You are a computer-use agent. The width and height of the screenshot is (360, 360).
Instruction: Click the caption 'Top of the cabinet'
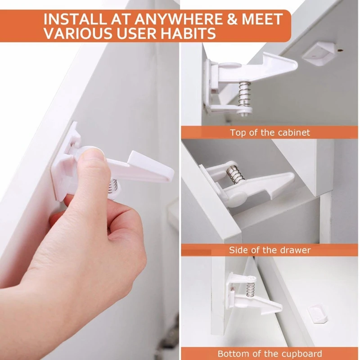270,133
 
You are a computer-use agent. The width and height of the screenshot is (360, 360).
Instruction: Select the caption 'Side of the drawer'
270,250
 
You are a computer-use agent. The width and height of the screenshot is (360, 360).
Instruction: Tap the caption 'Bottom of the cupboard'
270,354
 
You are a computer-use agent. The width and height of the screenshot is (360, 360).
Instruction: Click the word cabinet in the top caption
295,133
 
